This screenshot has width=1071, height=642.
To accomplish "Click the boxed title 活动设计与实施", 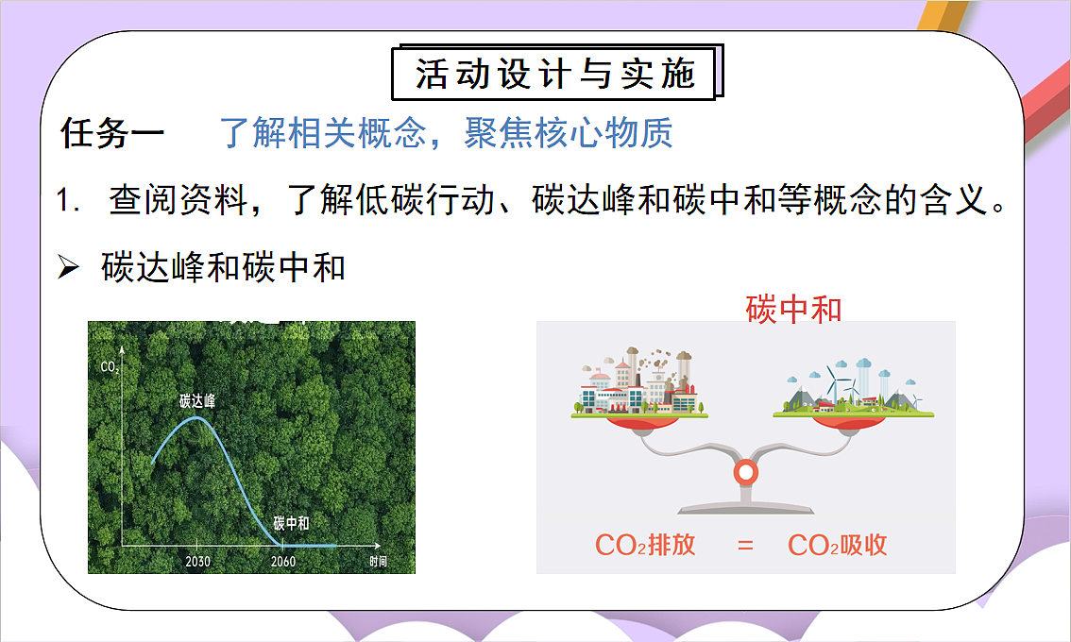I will (556, 74).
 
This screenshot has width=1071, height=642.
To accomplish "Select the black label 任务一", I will (112, 133).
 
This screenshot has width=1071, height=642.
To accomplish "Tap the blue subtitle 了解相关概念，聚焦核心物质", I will (446, 133).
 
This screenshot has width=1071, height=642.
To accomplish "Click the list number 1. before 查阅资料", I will (70, 202).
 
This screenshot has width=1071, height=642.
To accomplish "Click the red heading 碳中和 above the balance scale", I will (793, 309).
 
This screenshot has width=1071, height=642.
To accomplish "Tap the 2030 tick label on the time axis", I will (197, 562).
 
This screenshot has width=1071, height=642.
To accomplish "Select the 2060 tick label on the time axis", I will (282, 562).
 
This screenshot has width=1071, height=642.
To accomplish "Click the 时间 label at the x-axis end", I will (378, 562).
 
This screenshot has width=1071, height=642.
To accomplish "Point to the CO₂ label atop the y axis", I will (109, 366).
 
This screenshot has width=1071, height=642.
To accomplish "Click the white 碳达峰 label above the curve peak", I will (197, 401).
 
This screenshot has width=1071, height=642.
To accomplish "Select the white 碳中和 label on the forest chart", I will (291, 523).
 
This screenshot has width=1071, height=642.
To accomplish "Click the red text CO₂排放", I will (645, 545).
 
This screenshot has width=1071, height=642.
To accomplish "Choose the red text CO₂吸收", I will (838, 545).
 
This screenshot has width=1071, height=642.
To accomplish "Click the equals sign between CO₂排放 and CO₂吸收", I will (746, 545).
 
